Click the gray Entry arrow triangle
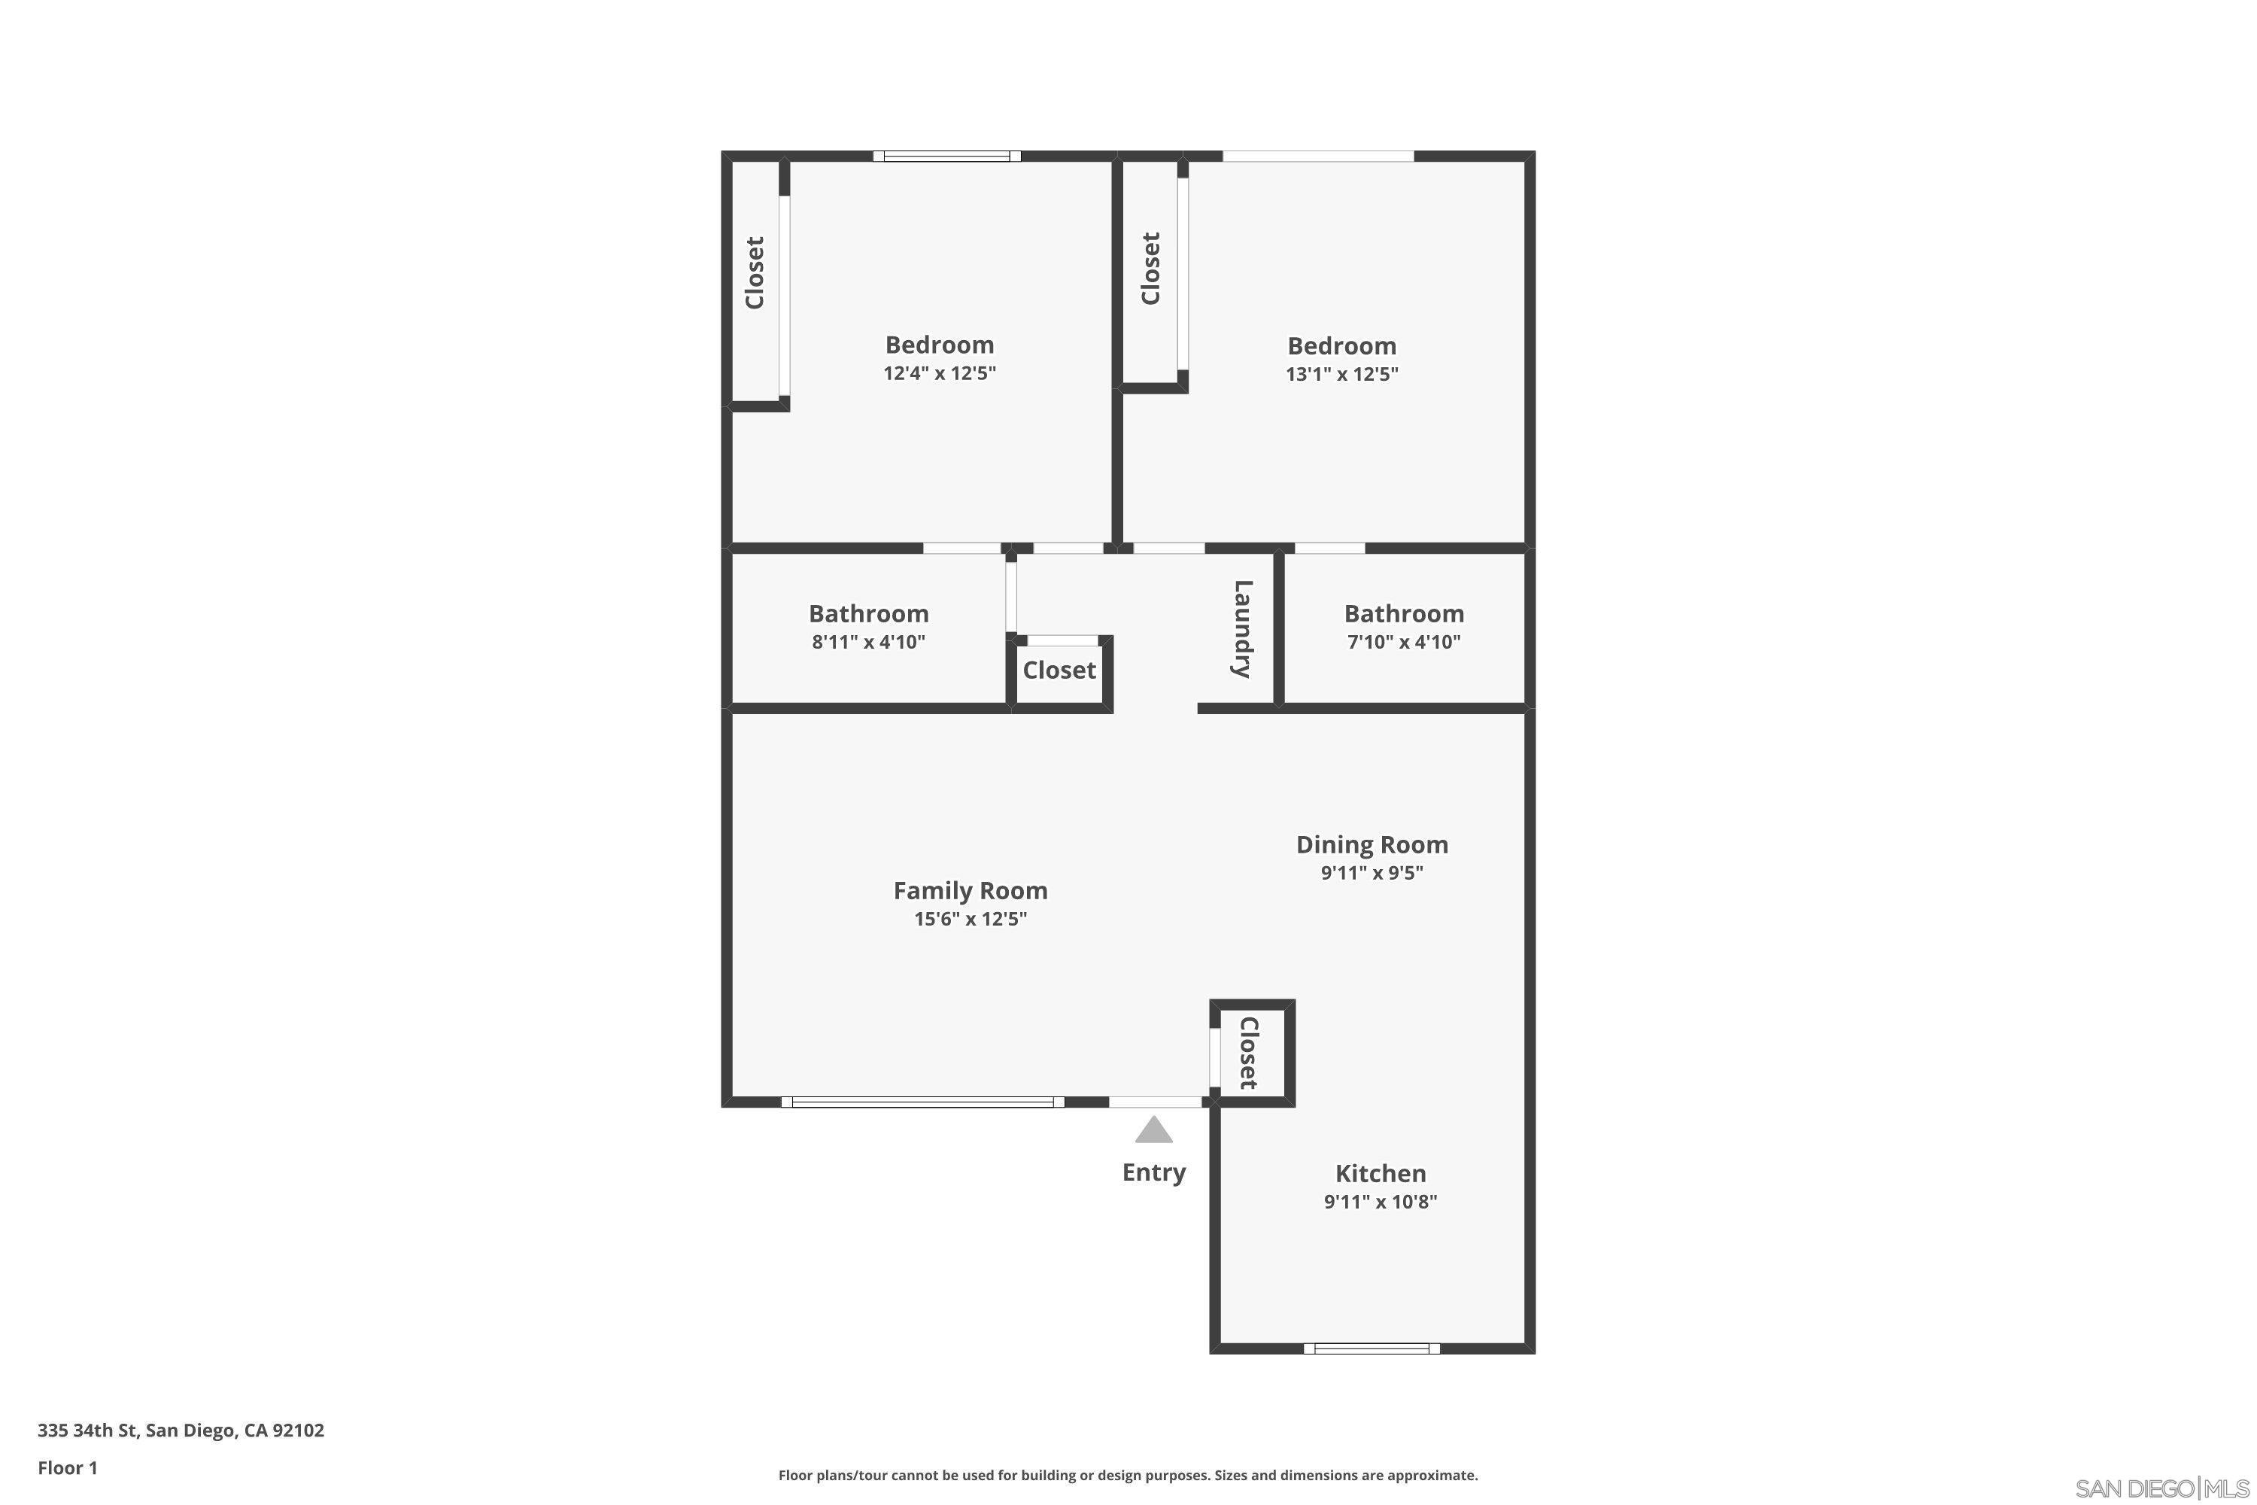pos(1153,1131)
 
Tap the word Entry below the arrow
pos(1153,1172)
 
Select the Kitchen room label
pos(1380,1173)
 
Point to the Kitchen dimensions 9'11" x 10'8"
pos(1380,1202)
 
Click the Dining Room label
pos(1372,844)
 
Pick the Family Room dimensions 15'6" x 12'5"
pos(971,919)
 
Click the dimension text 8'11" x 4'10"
pos(868,642)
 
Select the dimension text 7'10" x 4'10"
pos(1404,642)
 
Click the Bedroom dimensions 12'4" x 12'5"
pos(940,372)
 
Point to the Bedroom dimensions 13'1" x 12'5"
pos(1341,373)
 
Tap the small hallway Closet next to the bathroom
pos(1059,670)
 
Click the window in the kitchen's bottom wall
pos(1372,1348)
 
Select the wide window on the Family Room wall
pos(922,1102)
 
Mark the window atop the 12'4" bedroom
pos(946,156)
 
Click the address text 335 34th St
pos(181,1431)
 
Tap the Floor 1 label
pos(67,1467)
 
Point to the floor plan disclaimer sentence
pos(1128,1475)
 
